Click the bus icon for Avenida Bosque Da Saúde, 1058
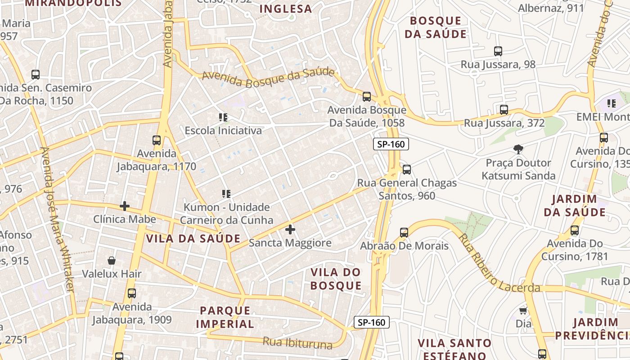point(367,96)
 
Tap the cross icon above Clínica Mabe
point(125,206)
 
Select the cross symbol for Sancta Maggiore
point(290,229)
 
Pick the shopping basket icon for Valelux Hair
point(112,261)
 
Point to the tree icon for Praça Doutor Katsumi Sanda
point(518,149)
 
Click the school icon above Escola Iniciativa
point(223,117)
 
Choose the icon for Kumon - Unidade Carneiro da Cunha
point(226,194)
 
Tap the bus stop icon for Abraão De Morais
point(404,233)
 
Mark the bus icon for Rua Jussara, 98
point(498,51)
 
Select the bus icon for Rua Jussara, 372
point(504,110)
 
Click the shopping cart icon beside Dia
point(523,310)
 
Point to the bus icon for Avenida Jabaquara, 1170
point(157,140)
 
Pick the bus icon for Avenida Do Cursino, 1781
point(575,231)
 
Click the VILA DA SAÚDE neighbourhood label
point(193,238)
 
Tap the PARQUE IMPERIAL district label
point(225,317)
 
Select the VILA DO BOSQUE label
point(336,279)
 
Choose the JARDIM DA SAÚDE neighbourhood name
point(575,205)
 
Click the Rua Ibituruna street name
point(298,343)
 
